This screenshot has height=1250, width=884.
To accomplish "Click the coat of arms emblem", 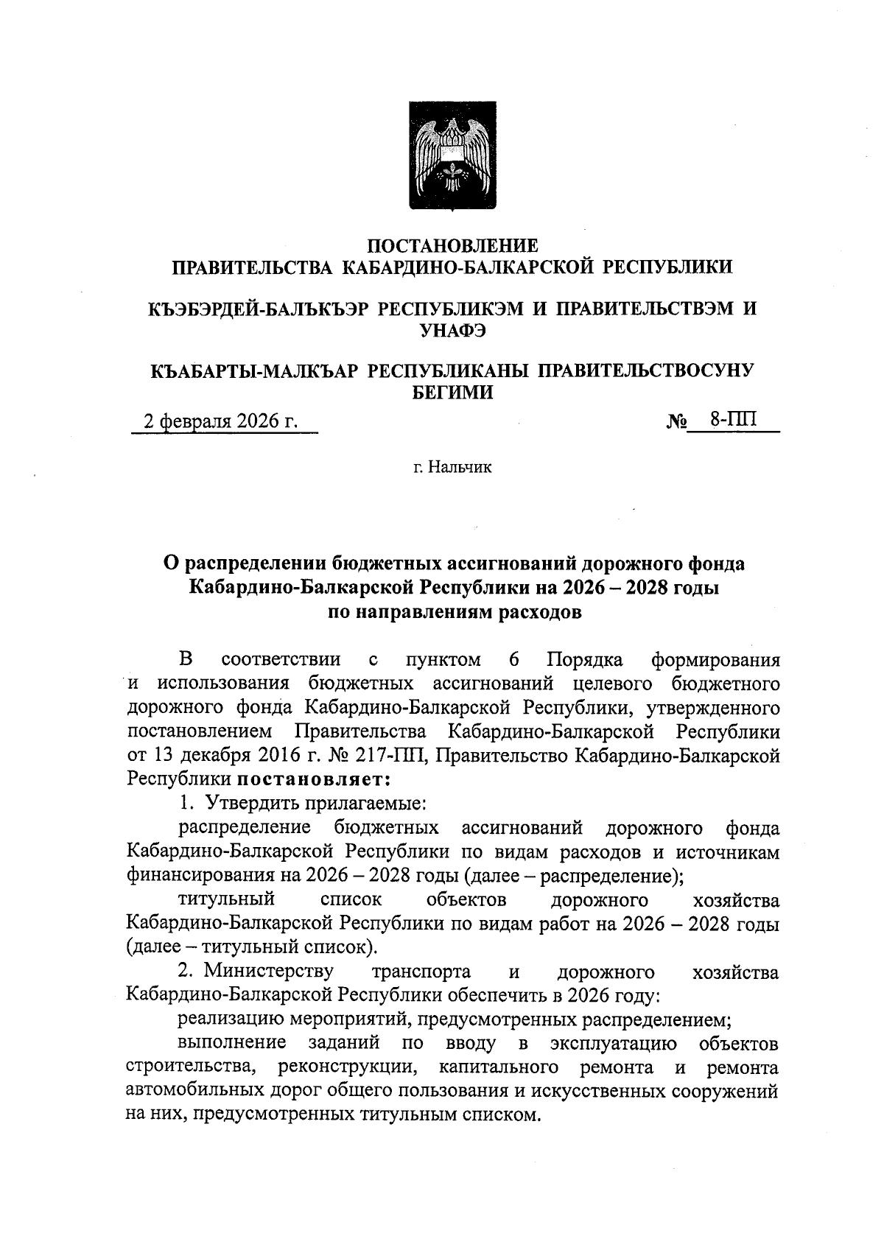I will click(452, 157).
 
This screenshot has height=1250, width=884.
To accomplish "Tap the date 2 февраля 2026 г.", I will click(220, 421).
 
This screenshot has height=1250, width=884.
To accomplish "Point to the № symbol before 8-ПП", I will click(677, 422).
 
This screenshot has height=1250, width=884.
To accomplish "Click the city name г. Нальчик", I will click(452, 467).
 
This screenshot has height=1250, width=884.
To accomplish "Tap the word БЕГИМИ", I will click(452, 393).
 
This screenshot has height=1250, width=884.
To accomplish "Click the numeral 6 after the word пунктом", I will click(513, 659).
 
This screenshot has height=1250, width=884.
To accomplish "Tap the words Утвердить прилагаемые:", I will click(316, 803).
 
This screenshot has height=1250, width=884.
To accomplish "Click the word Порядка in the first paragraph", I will click(586, 659).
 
